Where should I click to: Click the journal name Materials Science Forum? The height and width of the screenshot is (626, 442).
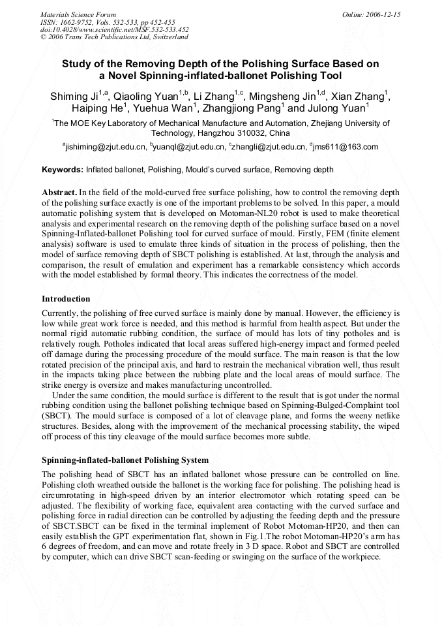point(78,14)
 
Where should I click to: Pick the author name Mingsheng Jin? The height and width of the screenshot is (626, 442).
point(289,97)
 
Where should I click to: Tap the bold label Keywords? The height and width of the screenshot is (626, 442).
point(63,170)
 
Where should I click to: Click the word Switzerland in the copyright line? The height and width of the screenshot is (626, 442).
point(171,37)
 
